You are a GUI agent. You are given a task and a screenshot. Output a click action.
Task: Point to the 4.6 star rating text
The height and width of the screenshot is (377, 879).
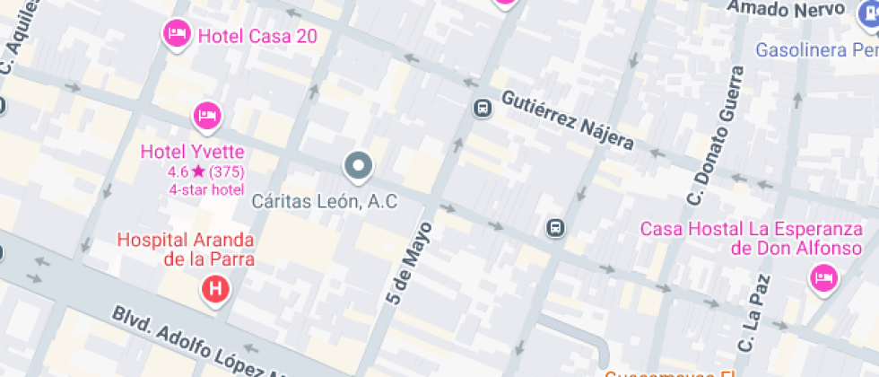pos(205,171)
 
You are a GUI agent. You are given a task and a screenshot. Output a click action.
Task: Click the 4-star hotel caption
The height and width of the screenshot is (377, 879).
pos(206,188)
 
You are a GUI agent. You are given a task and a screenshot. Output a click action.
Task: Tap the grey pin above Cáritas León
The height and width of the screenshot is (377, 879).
pos(359,165)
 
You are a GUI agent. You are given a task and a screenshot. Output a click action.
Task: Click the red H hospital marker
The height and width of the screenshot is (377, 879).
pos(215,289)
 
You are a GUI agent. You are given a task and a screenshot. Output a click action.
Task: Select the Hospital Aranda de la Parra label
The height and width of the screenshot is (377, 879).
pos(187,250)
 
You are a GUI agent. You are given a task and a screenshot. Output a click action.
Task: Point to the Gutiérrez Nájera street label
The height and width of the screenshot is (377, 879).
pos(568,119)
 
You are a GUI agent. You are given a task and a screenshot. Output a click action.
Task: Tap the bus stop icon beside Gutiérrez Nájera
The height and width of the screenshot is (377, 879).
pos(483,109)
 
